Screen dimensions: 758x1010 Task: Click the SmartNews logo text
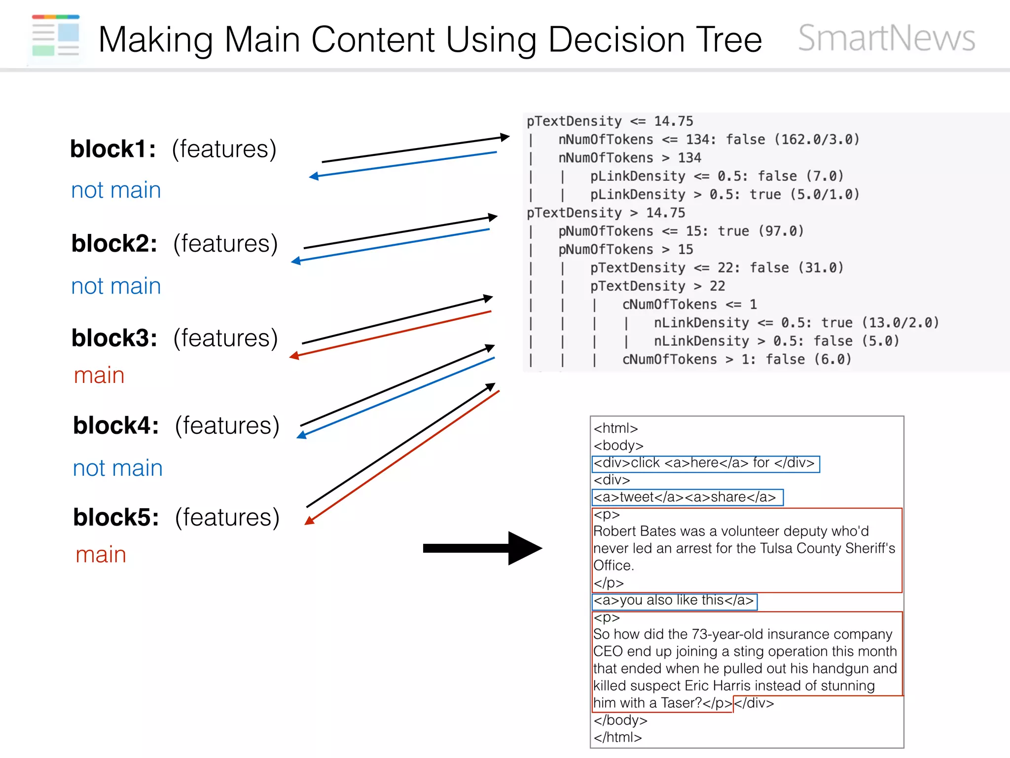point(886,38)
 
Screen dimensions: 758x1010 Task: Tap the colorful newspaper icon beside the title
point(56,36)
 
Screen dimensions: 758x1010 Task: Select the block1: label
point(113,149)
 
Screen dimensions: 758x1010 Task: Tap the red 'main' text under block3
point(99,376)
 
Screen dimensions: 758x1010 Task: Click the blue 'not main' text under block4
point(117,468)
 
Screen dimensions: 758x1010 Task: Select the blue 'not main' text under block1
point(116,190)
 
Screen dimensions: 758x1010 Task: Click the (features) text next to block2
point(225,244)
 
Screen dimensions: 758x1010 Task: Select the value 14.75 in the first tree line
point(673,121)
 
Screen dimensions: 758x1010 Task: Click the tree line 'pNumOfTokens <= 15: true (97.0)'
point(681,231)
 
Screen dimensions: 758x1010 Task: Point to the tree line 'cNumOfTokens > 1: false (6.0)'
point(736,359)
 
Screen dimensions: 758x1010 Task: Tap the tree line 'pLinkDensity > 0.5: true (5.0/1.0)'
point(724,194)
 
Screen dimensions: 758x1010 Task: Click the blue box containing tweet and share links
point(687,497)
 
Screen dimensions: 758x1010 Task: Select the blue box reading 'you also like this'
point(674,601)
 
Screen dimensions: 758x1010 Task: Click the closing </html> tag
point(617,737)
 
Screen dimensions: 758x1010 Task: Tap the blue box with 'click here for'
point(705,463)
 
